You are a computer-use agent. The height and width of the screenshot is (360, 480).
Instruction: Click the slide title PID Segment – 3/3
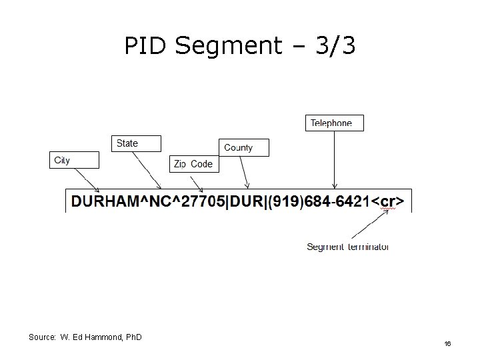[x=240, y=46]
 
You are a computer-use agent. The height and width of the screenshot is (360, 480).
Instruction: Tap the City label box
[x=74, y=160]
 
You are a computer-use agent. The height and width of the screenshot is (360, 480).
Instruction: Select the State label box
[x=135, y=143]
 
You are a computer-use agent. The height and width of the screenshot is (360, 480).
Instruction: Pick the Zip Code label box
[x=194, y=164]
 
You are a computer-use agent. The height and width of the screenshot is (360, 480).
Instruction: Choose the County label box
[x=244, y=147]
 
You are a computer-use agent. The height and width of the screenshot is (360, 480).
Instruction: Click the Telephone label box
[x=335, y=123]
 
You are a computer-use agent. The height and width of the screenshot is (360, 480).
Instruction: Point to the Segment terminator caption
[x=347, y=247]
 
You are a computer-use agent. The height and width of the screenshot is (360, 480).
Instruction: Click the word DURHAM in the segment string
[x=103, y=201]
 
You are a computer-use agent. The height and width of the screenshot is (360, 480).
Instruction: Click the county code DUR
[x=245, y=201]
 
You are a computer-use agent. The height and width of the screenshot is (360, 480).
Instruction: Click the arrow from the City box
[x=87, y=179]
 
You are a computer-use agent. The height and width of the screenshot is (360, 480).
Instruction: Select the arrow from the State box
[x=147, y=170]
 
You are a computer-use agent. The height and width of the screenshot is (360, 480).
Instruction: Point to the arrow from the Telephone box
[x=335, y=160]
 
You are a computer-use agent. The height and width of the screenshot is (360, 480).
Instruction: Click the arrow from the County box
[x=245, y=173]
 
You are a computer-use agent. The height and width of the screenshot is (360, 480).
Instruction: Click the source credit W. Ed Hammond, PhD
[x=85, y=337]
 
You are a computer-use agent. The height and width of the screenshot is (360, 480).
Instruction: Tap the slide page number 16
[x=448, y=343]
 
